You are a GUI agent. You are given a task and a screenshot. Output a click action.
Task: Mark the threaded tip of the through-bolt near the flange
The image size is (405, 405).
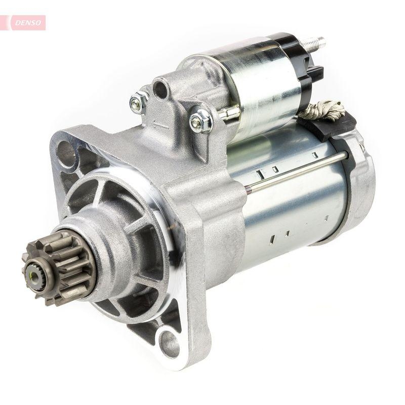pos(248,190)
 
